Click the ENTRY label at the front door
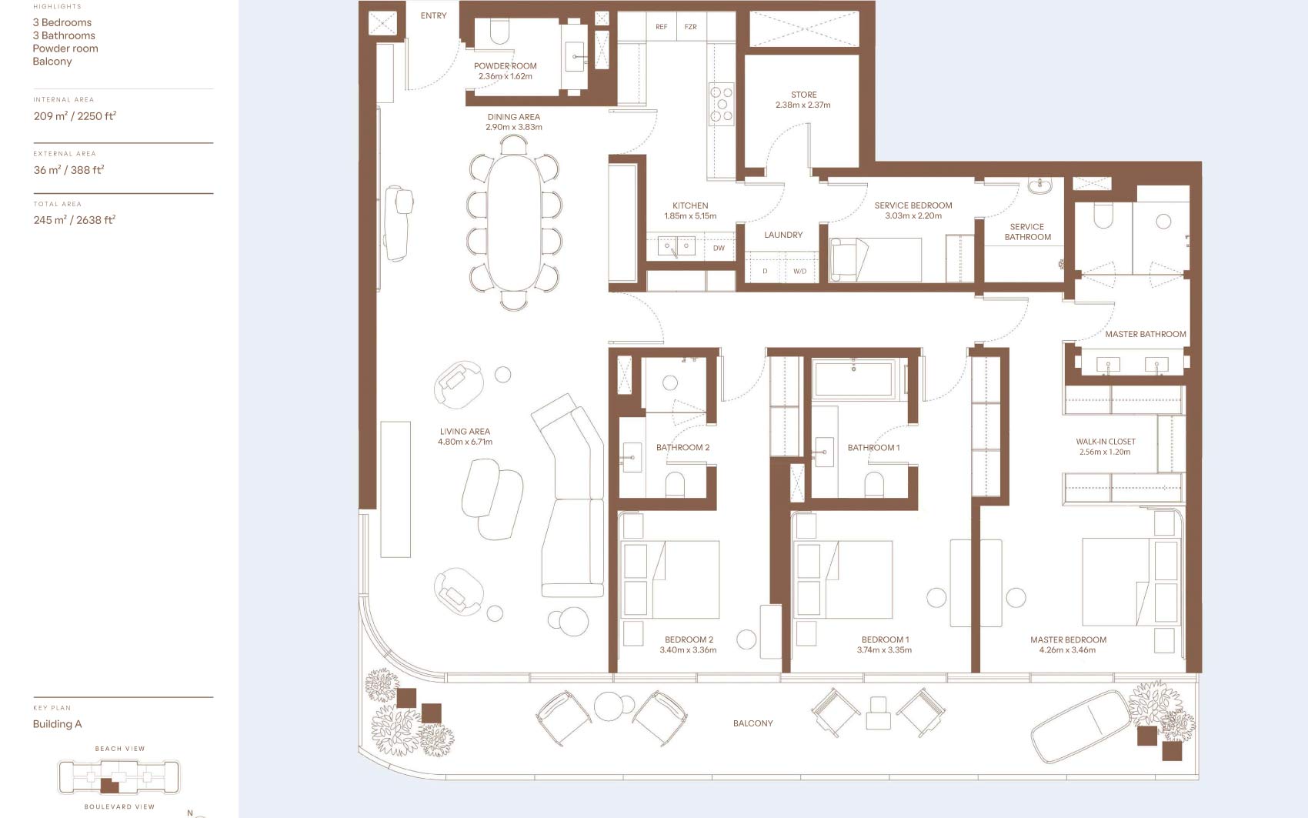point(433,15)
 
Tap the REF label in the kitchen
point(661,27)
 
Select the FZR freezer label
point(690,27)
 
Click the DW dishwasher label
point(719,248)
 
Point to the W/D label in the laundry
point(799,272)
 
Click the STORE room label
point(803,95)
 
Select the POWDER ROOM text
point(505,66)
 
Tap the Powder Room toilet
point(499,32)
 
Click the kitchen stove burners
point(722,105)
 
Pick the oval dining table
point(514,222)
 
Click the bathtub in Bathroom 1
point(853,379)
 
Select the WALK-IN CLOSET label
point(1106,442)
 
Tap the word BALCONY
point(752,723)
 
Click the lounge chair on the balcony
point(1081,727)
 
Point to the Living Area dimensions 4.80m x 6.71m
point(465,442)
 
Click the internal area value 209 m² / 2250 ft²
point(75,116)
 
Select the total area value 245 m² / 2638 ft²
point(74,220)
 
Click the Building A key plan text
point(57,724)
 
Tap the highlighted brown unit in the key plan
point(109,786)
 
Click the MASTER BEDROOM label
point(1068,640)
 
